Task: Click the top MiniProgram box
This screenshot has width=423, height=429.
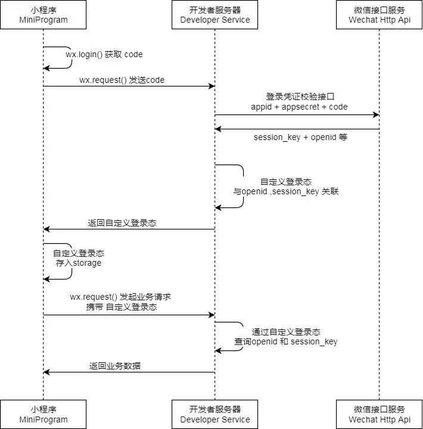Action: [43, 15]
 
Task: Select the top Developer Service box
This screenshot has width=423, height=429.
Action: [215, 15]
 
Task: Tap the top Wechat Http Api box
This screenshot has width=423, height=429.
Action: [379, 15]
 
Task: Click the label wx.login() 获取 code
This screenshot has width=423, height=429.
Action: [104, 54]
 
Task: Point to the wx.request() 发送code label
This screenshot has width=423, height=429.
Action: [122, 80]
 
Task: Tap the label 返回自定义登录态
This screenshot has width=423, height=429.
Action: [122, 223]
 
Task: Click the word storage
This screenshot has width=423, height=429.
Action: [87, 263]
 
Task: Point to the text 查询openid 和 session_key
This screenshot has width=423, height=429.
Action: [286, 341]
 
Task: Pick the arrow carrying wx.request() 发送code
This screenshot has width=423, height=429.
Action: [128, 86]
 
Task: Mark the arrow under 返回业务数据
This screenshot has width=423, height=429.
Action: [128, 372]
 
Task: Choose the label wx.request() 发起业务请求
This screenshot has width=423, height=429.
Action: [121, 296]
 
